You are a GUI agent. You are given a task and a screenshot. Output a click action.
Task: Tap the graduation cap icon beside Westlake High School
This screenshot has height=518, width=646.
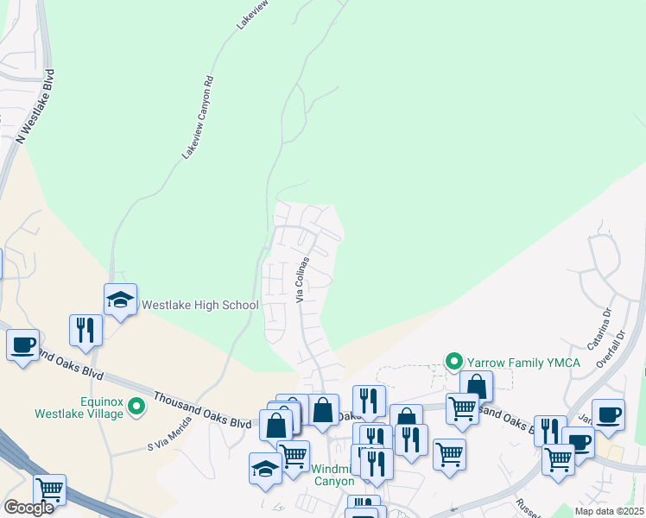tap(120, 300)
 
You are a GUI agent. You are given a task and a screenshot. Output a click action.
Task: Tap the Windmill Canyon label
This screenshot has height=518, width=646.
tap(332, 475)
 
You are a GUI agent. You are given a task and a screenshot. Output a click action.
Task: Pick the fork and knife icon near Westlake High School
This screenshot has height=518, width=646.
tap(85, 330)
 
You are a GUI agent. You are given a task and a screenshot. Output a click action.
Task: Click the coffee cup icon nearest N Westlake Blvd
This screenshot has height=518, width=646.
tap(22, 344)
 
